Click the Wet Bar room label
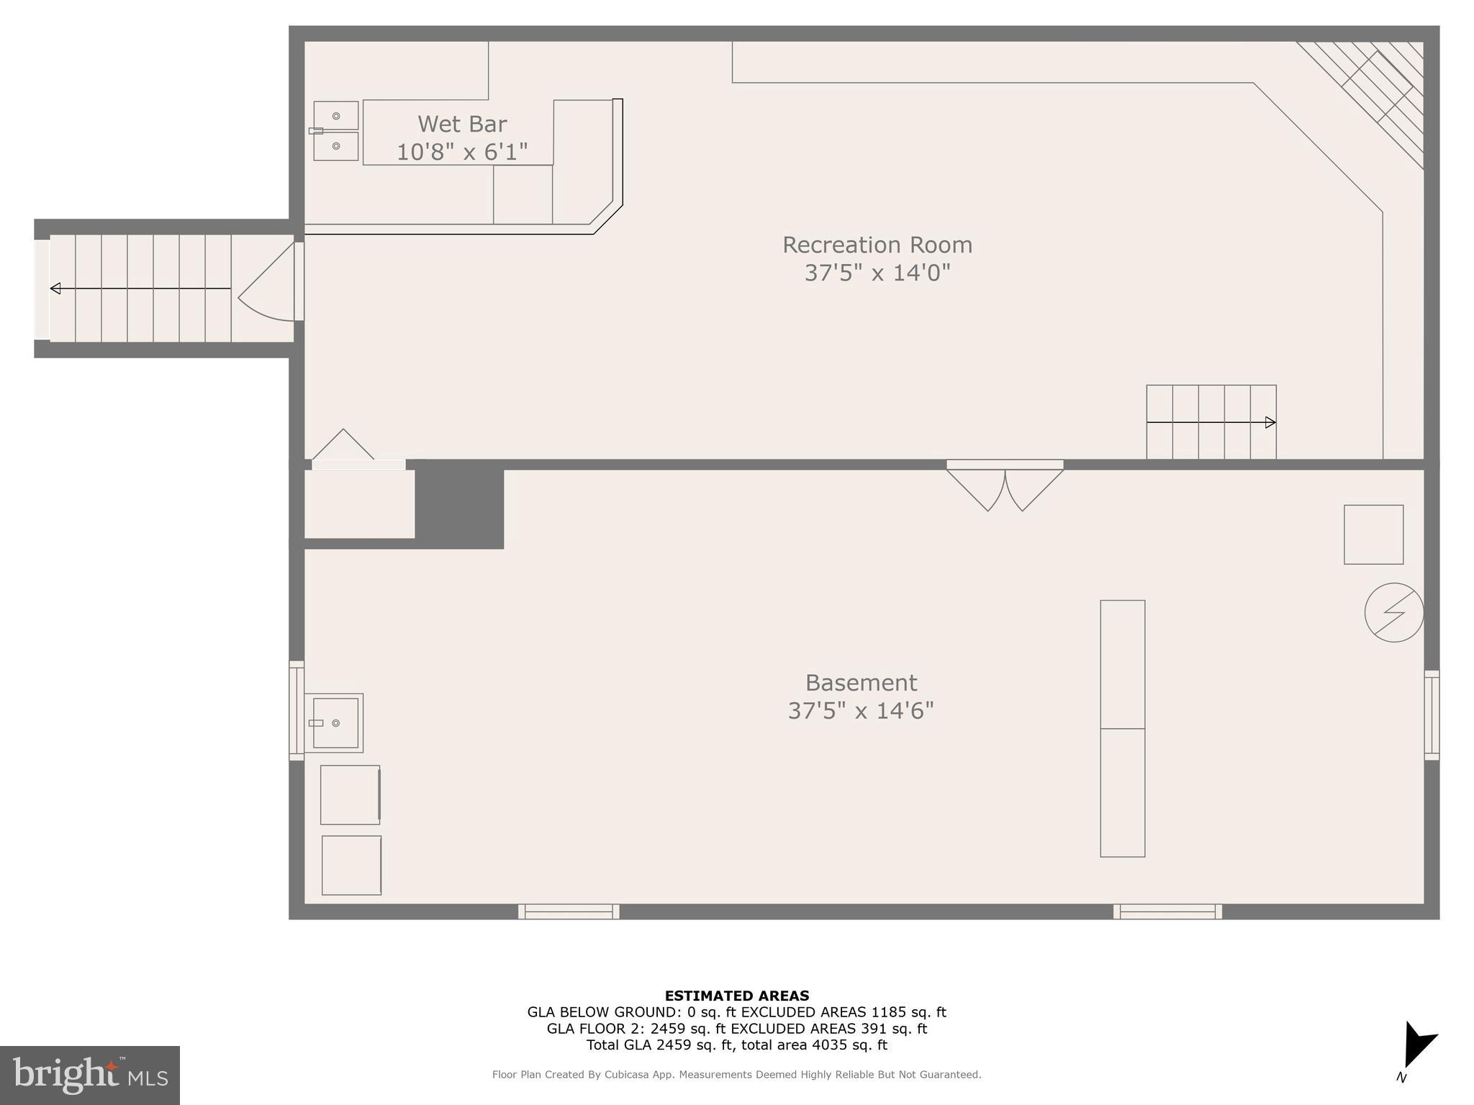coord(462,124)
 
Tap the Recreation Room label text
coord(877,245)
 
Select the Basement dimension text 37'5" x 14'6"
coord(860,711)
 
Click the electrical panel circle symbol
coord(1393,612)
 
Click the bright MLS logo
coord(90,1075)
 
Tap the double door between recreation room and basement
coord(1005,487)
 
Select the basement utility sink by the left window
coord(335,722)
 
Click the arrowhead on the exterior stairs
coord(55,288)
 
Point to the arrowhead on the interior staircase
coord(1270,422)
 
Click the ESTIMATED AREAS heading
coord(736,996)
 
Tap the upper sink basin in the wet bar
coord(336,116)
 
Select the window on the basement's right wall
coord(1432,714)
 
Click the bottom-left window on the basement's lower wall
coord(569,911)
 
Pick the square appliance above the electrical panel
coord(1373,535)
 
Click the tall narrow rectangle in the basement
coord(1122,728)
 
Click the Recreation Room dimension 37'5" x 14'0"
coord(877,273)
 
